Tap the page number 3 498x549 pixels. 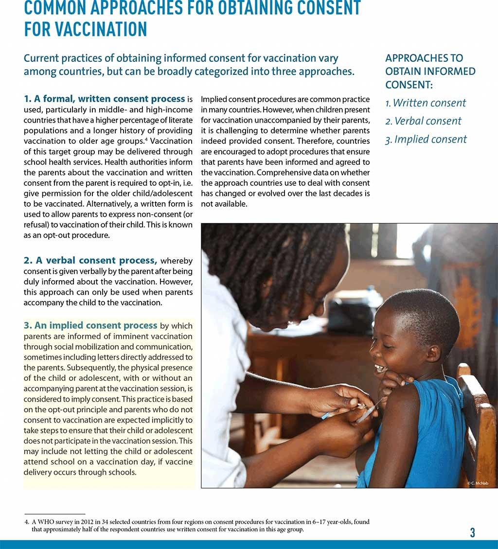coord(472,532)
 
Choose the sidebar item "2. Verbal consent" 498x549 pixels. coord(423,121)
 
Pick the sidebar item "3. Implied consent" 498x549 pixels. coord(426,140)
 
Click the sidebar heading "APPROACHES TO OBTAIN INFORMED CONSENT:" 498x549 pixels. coord(430,71)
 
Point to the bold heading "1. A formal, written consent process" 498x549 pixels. coord(105,99)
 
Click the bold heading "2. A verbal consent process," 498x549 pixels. coord(90,260)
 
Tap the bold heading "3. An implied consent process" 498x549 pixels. coord(90,325)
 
